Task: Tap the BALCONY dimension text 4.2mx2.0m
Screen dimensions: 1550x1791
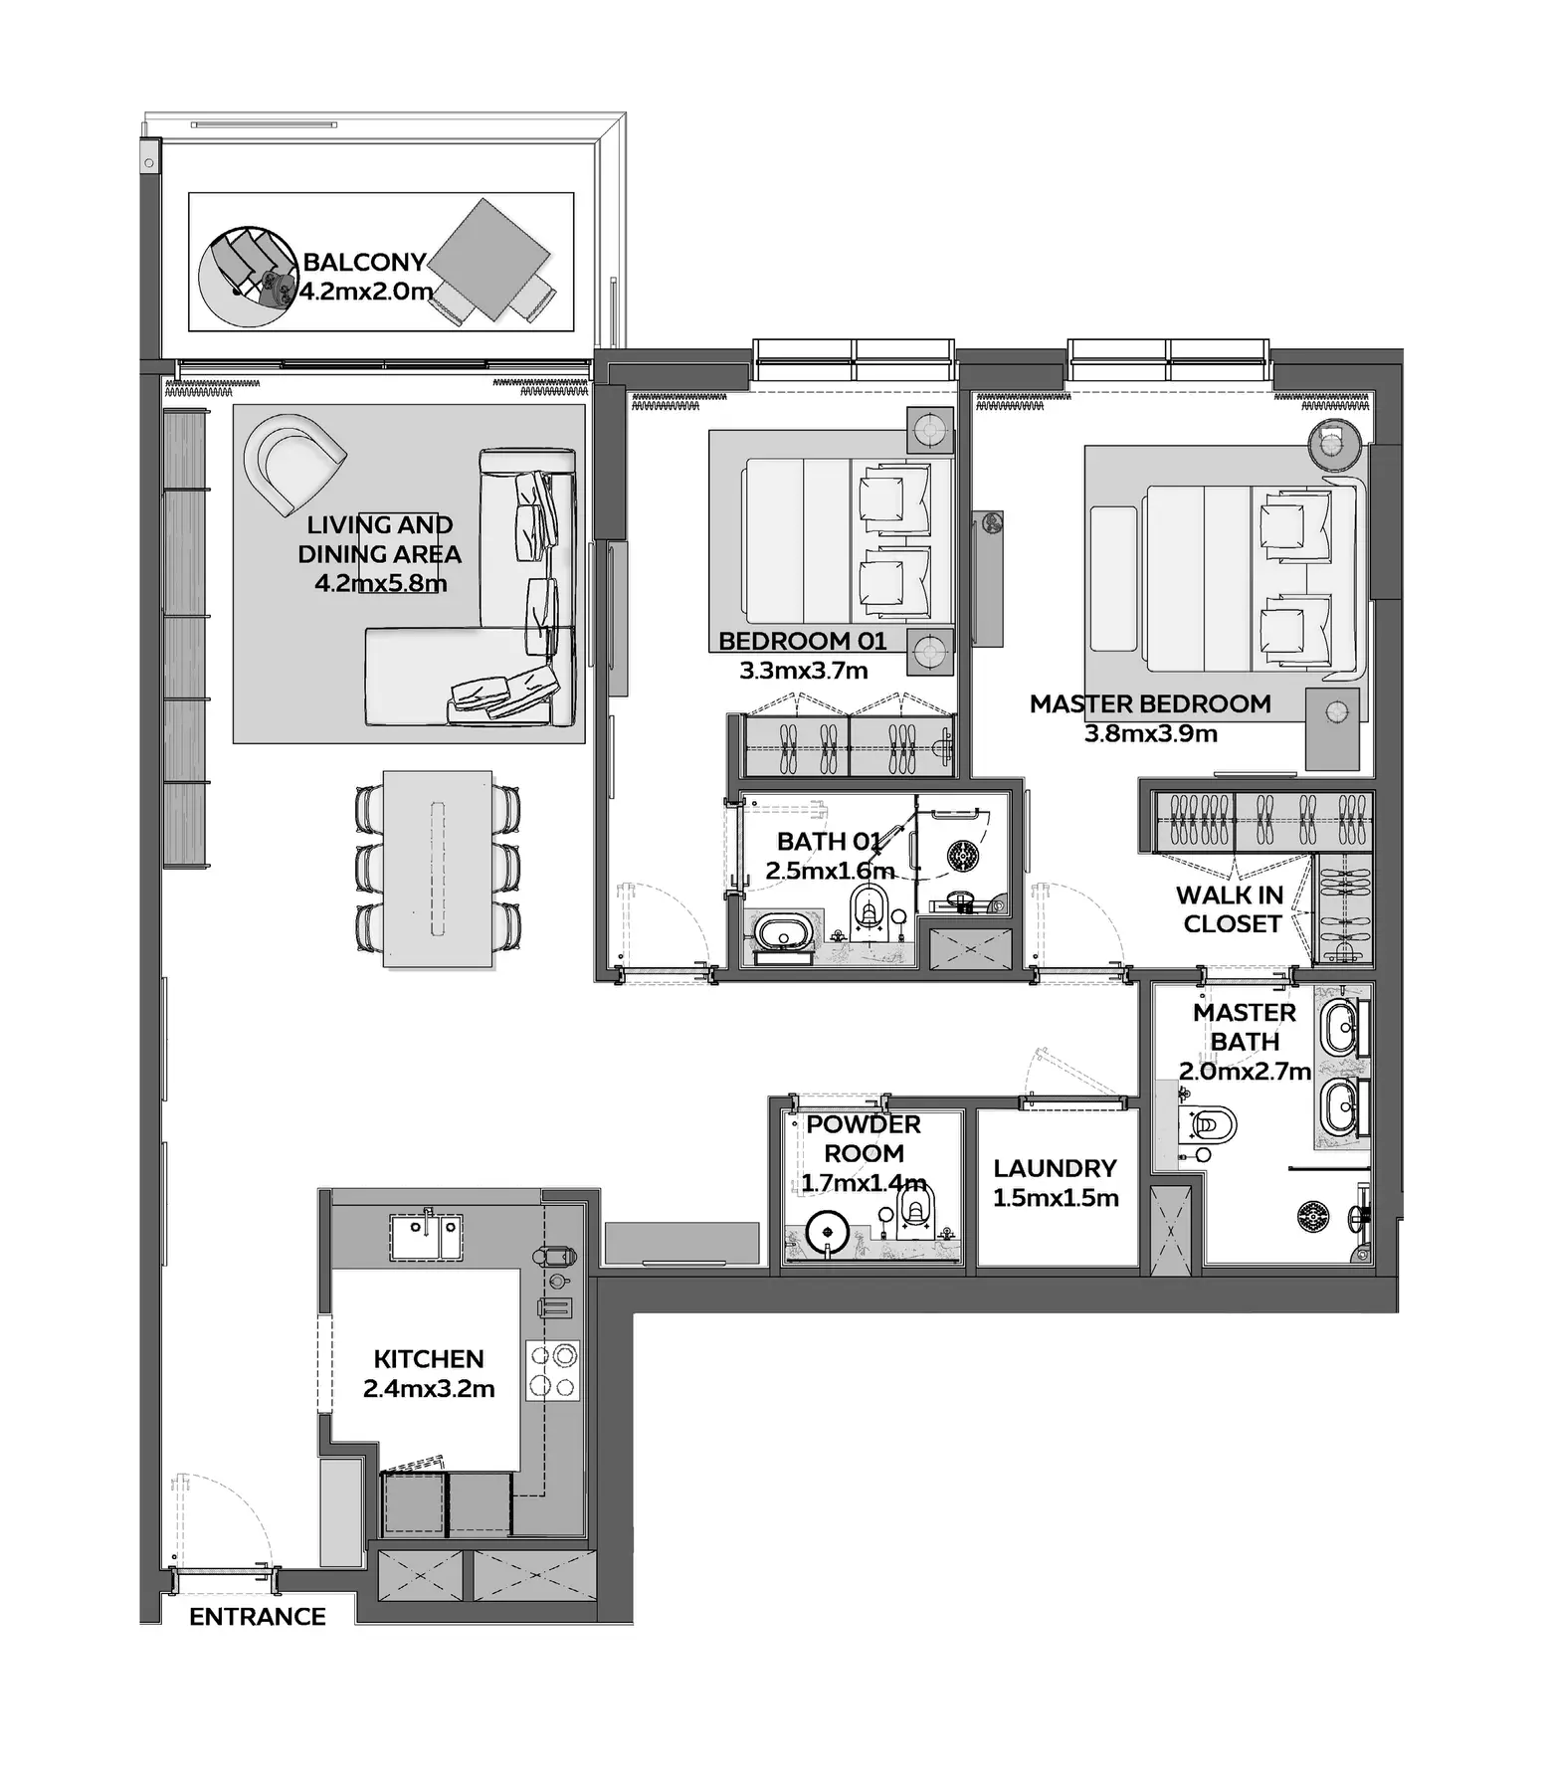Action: (367, 292)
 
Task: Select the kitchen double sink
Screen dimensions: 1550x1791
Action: (426, 1237)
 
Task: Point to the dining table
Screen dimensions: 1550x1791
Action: (438, 867)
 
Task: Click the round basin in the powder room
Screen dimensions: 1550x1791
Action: (825, 1232)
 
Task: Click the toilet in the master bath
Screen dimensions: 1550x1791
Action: (1211, 1125)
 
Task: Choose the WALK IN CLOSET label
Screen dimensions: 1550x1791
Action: (1231, 909)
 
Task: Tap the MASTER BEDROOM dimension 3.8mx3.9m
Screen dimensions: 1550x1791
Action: (1150, 733)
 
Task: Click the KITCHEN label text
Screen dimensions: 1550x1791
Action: (429, 1358)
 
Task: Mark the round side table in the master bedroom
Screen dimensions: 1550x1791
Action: (1333, 441)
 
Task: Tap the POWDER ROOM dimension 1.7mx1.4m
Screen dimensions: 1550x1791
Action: (864, 1183)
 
